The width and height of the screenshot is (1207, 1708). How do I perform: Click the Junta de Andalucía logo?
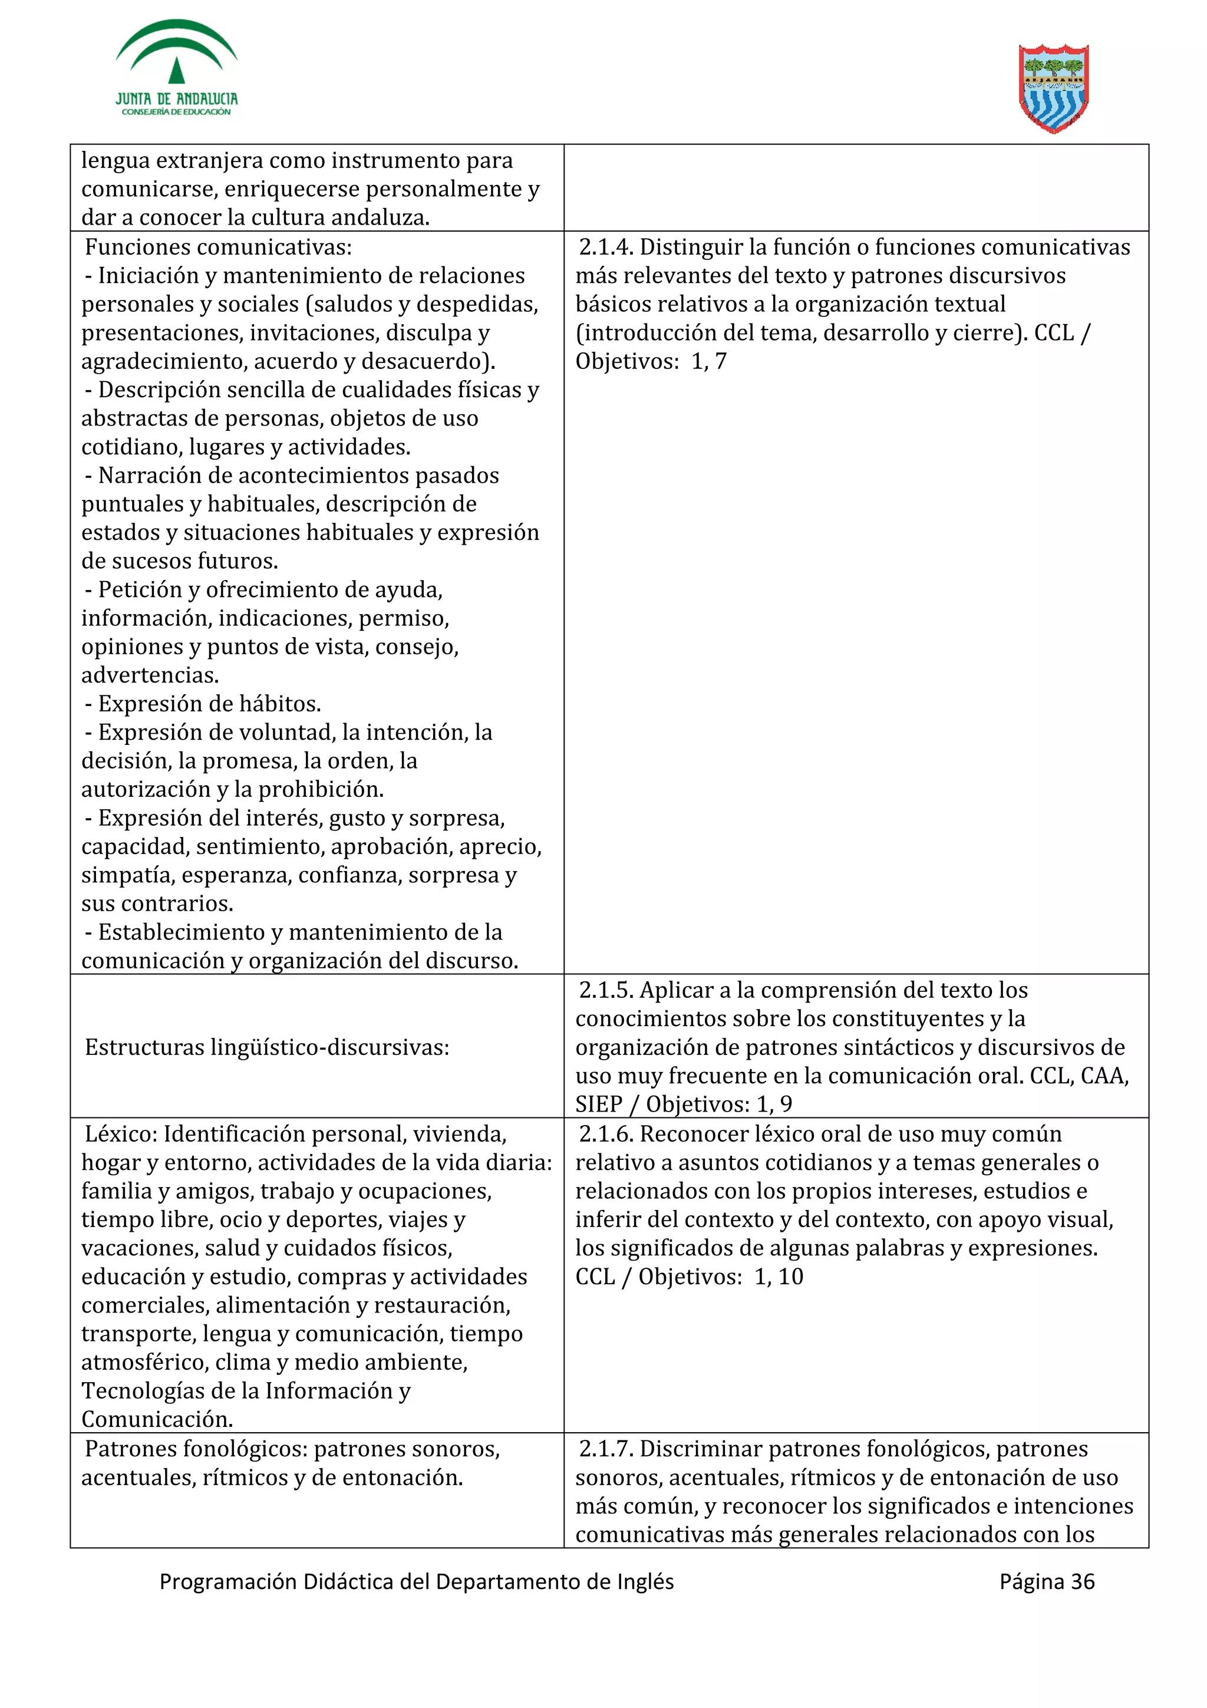pyautogui.click(x=176, y=68)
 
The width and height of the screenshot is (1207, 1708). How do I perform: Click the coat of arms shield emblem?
pyautogui.click(x=1053, y=88)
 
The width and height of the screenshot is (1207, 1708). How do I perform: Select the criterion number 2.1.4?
pyautogui.click(x=605, y=247)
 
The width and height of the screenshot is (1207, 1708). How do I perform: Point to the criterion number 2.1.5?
pyautogui.click(x=605, y=990)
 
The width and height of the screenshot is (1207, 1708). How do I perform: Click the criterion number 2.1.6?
pyautogui.click(x=605, y=1134)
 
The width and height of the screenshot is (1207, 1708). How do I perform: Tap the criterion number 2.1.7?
pyautogui.click(x=605, y=1448)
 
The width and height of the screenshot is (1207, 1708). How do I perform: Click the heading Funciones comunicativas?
pyautogui.click(x=218, y=247)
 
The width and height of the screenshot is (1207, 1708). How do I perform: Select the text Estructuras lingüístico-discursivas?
pyautogui.click(x=267, y=1047)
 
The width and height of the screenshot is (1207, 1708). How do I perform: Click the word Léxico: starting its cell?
pyautogui.click(x=121, y=1134)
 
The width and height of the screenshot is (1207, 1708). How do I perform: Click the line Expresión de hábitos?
pyautogui.click(x=209, y=704)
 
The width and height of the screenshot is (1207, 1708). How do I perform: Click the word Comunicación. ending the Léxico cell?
pyautogui.click(x=157, y=1419)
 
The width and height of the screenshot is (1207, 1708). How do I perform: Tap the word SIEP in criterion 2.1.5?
pyautogui.click(x=599, y=1104)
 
